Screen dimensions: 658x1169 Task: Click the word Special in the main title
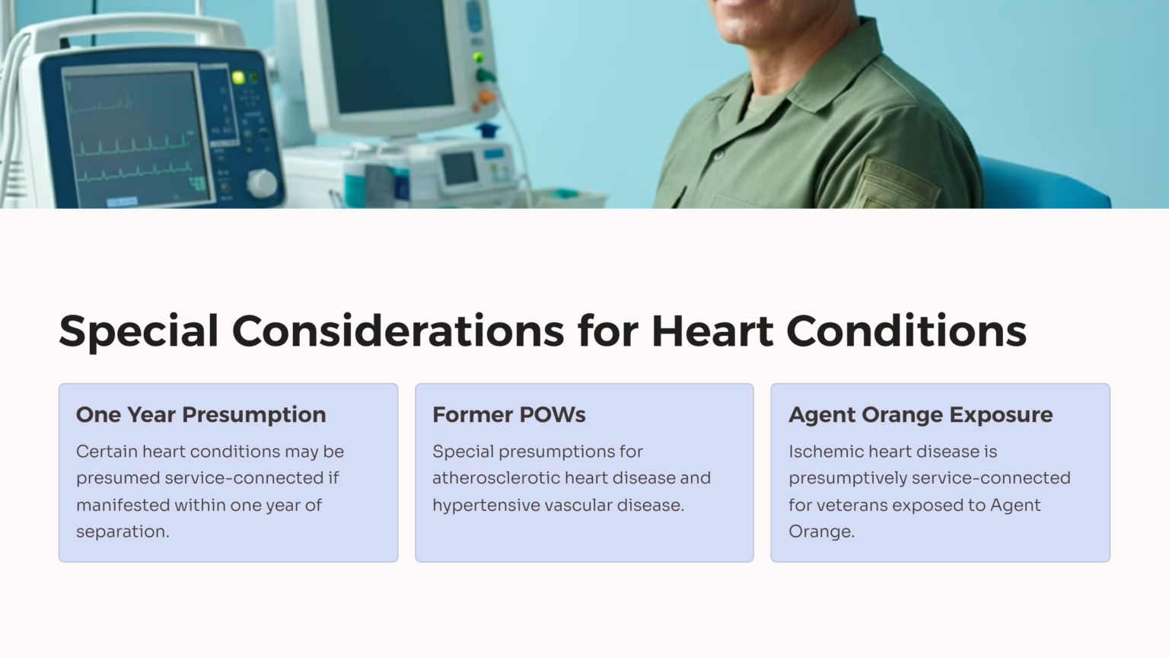point(139,331)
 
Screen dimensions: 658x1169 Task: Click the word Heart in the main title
point(712,331)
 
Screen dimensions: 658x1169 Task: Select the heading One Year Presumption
point(201,414)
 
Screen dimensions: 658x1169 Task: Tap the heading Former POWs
point(508,414)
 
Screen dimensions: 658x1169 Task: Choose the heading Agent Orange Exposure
point(920,414)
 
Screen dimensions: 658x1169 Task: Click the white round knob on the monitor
point(262,184)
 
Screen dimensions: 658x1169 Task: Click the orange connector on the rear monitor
point(485,97)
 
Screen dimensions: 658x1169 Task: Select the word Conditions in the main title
point(906,331)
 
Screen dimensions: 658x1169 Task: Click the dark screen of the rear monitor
point(389,53)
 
